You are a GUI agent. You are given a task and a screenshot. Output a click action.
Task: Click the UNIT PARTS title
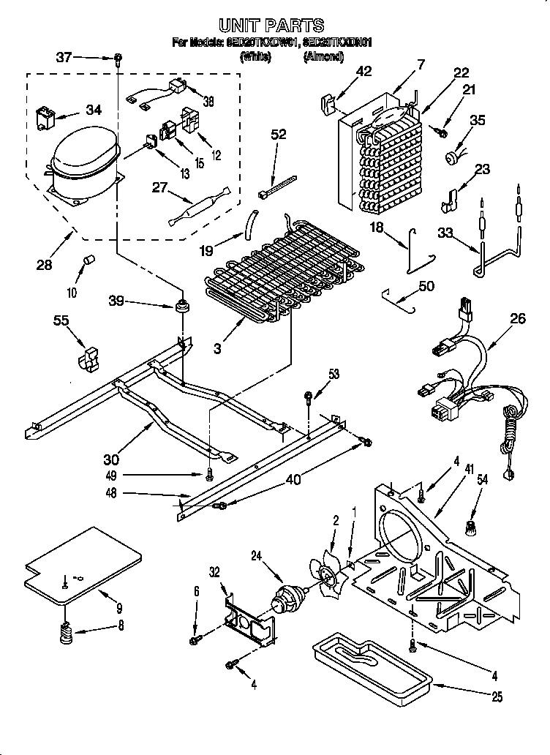[x=272, y=26]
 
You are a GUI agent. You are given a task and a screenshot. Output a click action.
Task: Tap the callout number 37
[x=64, y=57]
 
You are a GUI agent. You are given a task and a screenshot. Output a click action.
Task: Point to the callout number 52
[x=279, y=134]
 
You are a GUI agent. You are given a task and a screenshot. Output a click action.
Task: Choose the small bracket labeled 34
[x=48, y=119]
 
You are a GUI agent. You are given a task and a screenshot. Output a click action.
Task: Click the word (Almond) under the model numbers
[x=324, y=56]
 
